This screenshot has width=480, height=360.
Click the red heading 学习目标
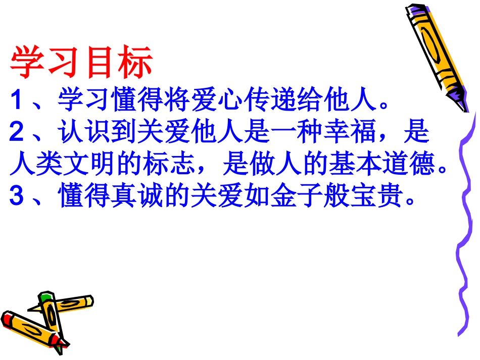tap(81, 63)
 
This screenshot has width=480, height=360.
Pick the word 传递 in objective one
tap(283, 101)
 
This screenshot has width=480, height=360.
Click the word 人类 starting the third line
tap(35, 166)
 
